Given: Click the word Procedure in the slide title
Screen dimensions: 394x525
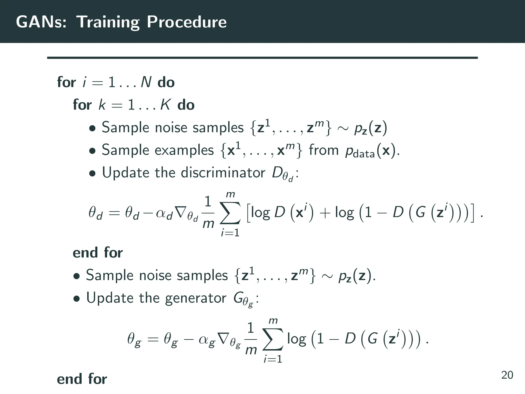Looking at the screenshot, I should click(187, 22).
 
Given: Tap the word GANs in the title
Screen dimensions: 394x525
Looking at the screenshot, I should click(41, 22).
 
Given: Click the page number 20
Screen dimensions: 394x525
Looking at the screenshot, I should click(507, 375).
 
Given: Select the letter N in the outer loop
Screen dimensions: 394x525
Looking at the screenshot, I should click(146, 83).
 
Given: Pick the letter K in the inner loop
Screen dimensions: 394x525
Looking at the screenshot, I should click(165, 105).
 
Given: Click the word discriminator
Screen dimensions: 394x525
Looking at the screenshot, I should click(223, 172).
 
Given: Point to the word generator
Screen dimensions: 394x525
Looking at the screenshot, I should click(196, 298).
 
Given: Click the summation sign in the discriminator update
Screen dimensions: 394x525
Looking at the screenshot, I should click(230, 213).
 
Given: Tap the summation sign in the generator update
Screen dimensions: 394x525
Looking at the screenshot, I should click(273, 339).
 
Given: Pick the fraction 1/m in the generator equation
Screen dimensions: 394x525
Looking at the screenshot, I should click(251, 339).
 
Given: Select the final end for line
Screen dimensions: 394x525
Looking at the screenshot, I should click(82, 379).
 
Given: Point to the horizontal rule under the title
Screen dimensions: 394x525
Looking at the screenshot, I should click(262, 58).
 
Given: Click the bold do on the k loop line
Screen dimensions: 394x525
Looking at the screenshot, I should click(186, 105).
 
